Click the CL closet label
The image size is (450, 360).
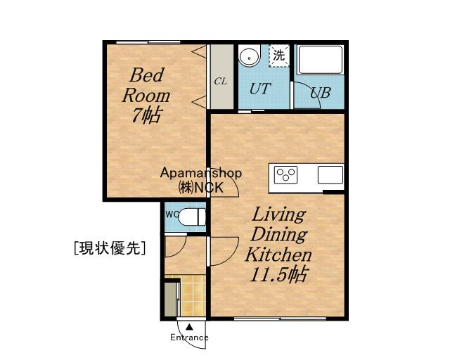(220, 82)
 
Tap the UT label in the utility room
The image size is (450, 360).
(260, 89)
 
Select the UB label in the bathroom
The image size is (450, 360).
(321, 92)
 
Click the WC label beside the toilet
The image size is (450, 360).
(172, 214)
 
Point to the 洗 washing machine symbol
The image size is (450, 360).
(278, 56)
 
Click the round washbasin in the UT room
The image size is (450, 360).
(250, 56)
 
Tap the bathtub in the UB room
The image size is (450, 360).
(321, 60)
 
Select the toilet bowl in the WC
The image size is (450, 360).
(192, 217)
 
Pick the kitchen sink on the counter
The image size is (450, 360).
(330, 175)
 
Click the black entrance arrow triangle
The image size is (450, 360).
(189, 327)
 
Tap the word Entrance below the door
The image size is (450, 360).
(189, 337)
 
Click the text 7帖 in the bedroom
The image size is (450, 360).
(146, 115)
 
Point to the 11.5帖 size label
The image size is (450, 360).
(279, 274)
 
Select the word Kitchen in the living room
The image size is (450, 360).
(278, 254)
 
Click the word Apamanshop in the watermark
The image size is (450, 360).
(201, 174)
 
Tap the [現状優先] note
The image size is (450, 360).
(110, 247)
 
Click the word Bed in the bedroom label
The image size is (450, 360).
(147, 75)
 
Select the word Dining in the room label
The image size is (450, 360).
(279, 235)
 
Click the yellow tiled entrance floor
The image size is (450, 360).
(193, 296)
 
